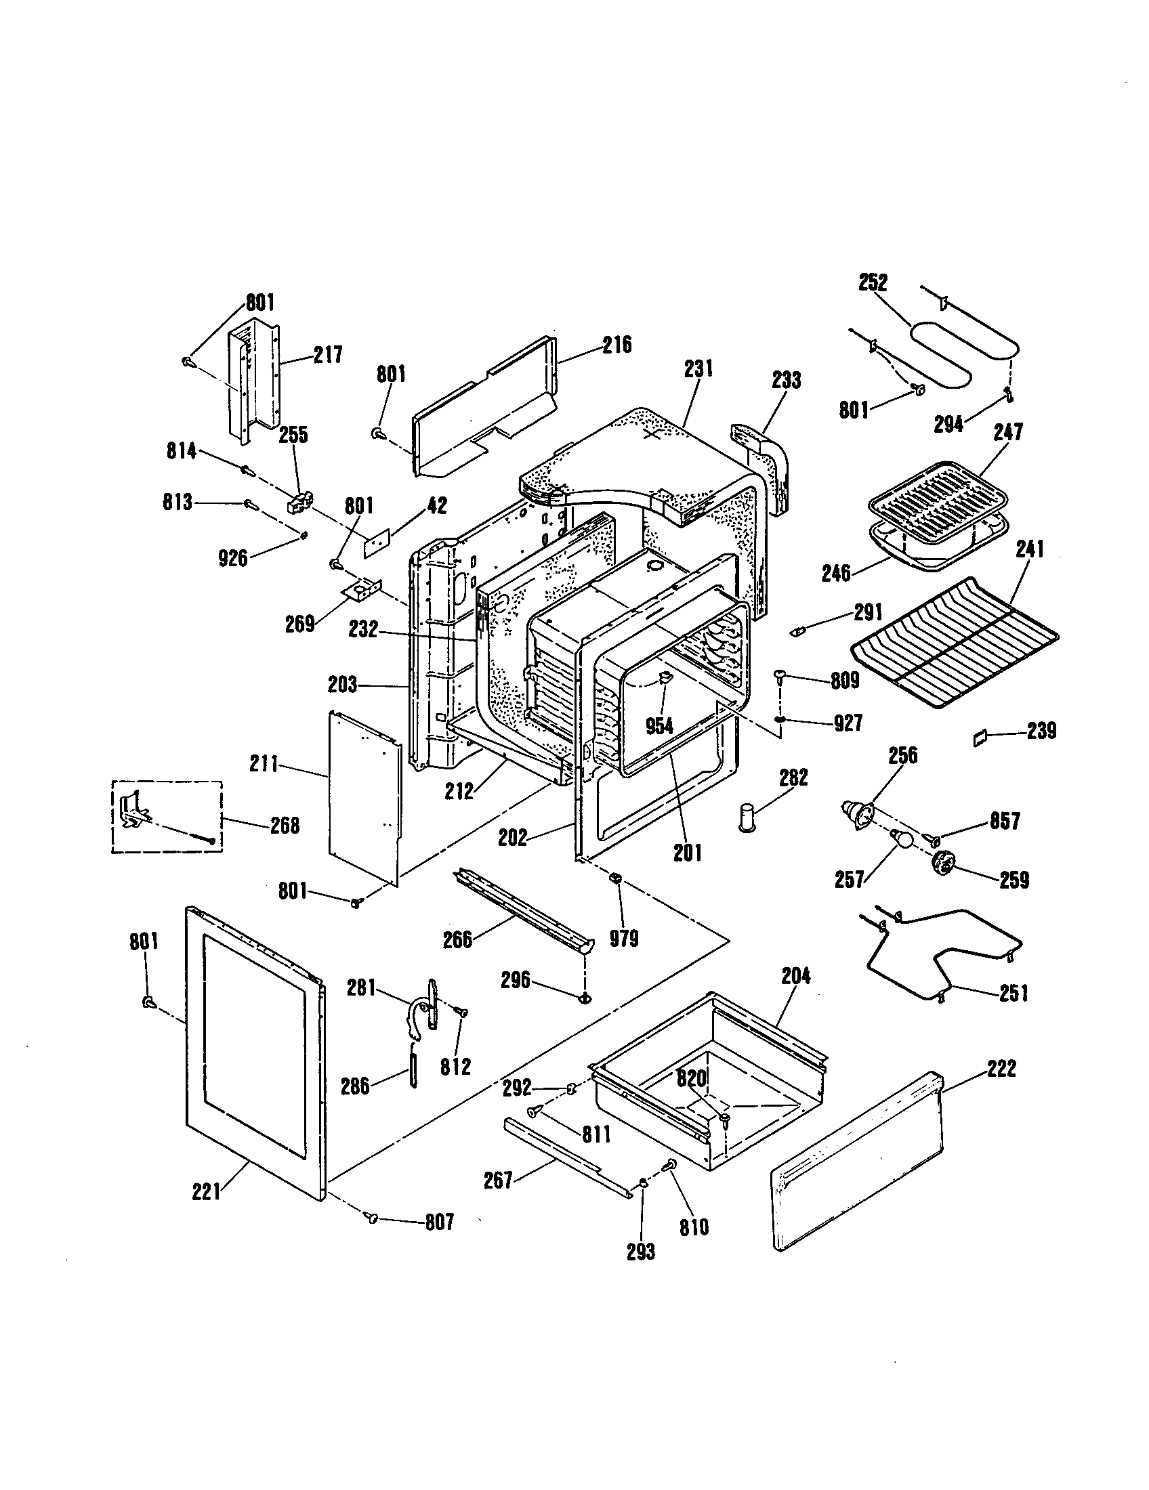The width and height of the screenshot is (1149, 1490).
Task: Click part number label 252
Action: click(873, 282)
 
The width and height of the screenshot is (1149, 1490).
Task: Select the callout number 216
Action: click(617, 345)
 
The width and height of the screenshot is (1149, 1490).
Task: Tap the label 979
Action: click(624, 939)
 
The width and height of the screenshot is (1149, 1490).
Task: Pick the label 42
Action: click(437, 505)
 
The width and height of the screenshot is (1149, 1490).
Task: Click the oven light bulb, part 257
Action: click(900, 838)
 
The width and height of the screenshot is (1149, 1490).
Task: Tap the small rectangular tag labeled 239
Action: click(980, 738)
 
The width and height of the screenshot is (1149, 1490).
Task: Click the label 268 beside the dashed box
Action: click(285, 826)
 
